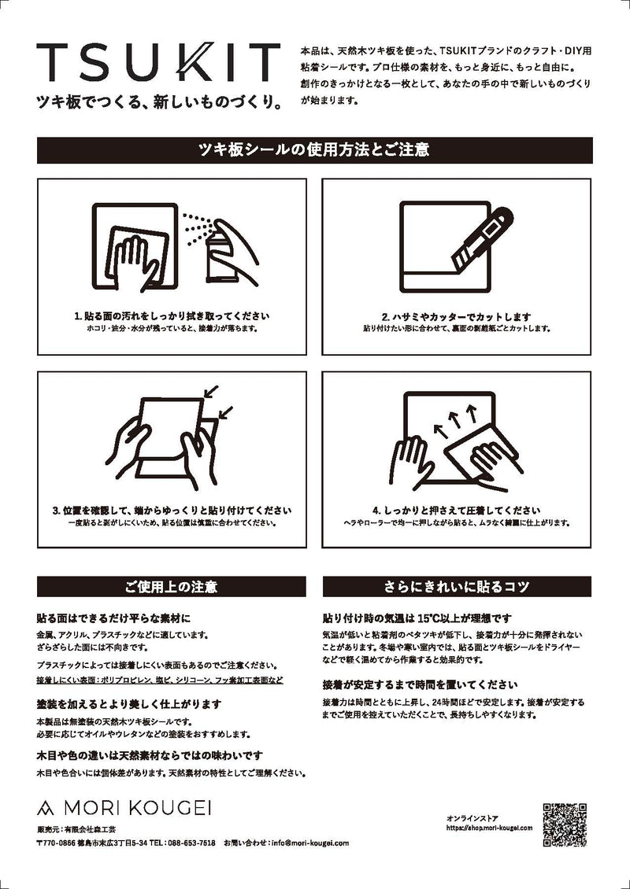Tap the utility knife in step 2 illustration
click(483, 235)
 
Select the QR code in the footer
click(566, 824)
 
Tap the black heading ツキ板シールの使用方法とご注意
click(314, 150)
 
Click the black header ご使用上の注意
click(171, 587)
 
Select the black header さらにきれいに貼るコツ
click(457, 587)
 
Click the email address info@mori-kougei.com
click(309, 843)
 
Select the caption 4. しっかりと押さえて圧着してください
click(457, 510)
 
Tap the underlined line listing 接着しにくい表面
click(160, 679)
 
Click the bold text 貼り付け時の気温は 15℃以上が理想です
click(417, 618)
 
